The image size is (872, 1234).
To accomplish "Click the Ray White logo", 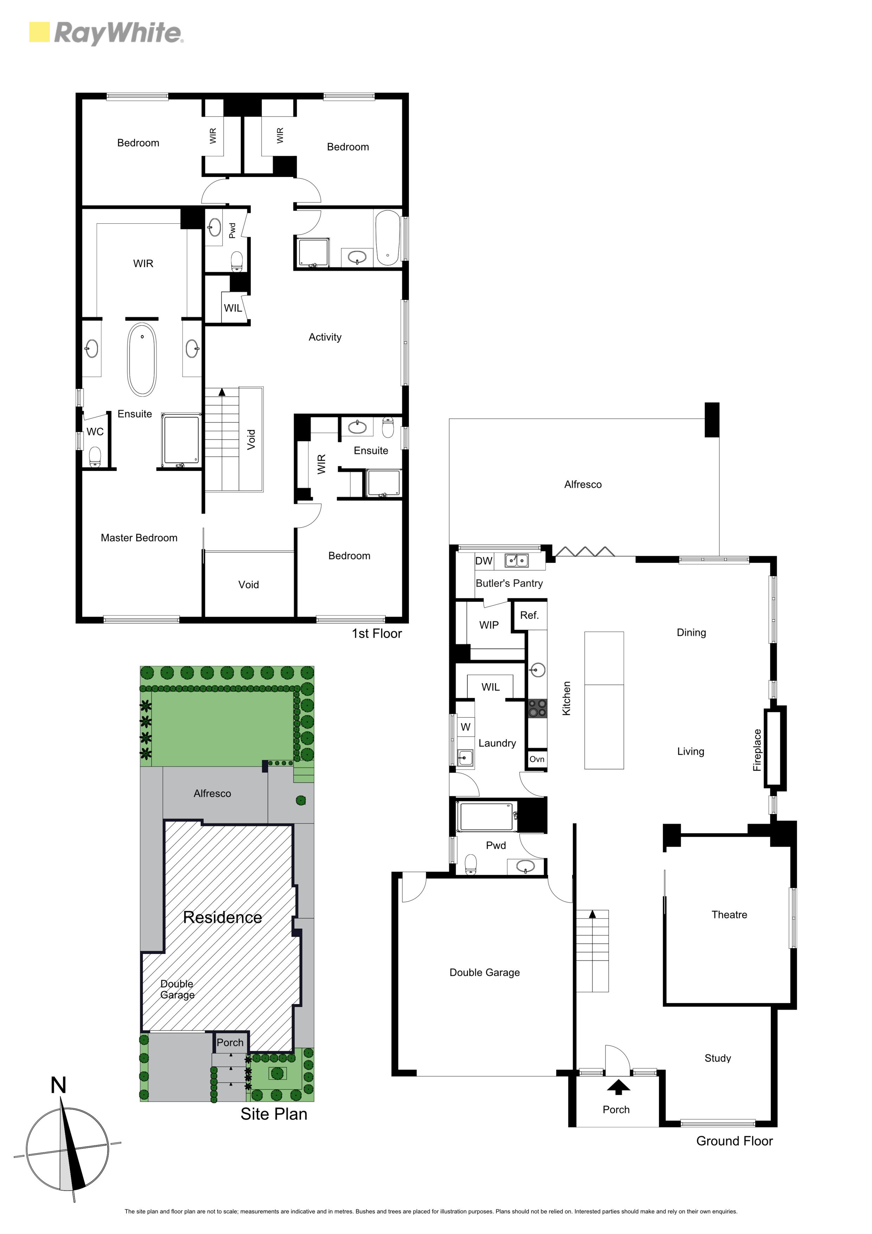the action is [106, 33].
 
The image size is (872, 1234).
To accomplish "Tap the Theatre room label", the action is [729, 915].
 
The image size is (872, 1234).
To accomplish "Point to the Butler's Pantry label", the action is [509, 584].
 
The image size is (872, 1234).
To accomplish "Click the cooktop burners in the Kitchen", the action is [537, 708].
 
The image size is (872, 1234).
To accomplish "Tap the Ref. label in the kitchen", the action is [529, 615].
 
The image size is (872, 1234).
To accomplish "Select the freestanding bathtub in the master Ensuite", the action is [142, 360].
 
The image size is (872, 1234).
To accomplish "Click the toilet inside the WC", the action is [95, 457].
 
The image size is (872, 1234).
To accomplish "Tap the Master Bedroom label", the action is [139, 538].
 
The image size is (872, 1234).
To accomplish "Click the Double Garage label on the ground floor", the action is [485, 972].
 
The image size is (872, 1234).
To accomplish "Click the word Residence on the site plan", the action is [223, 917].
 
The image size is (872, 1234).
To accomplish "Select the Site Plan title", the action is [274, 1114].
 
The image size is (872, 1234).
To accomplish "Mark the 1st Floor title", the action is [377, 634].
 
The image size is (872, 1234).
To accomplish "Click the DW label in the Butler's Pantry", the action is [483, 561].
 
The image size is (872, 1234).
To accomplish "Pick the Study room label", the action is [718, 1058].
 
